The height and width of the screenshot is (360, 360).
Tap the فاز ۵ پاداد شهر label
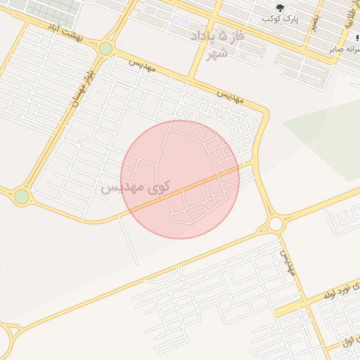tap(223, 44)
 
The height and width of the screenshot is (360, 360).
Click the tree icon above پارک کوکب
tap(281, 8)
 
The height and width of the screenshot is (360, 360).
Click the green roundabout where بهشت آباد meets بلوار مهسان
tap(105, 49)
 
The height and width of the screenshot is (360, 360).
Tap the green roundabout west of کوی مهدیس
tap(21, 197)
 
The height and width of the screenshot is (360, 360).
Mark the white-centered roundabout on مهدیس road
tap(275, 224)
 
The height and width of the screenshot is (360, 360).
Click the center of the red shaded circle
tap(180, 179)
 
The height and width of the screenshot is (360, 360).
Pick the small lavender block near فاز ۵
tap(181, 22)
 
